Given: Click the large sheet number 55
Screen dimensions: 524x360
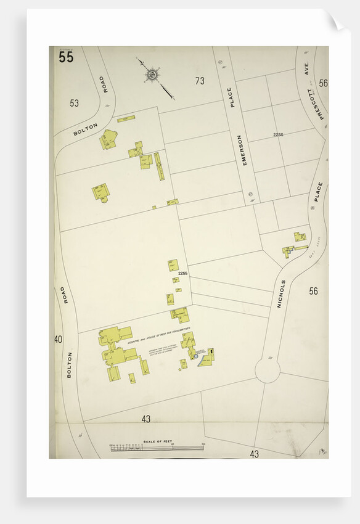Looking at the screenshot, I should pos(66,57).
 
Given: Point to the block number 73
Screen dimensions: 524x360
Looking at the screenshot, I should pos(199,81).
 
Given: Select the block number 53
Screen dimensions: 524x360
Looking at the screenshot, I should pos(75,103).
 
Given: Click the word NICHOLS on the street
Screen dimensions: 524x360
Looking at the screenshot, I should pos(282,293).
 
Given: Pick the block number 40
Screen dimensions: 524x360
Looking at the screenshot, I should pos(58,339).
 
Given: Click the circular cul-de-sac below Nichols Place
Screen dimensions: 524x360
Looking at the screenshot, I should pos(268,370).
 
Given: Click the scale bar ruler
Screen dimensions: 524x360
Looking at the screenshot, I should pos(157,448).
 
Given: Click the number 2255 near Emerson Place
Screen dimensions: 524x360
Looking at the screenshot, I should pos(278,135).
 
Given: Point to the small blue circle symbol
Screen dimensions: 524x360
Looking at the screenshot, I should pos(195,356).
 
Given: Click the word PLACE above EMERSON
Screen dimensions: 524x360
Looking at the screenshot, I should pos(232,97).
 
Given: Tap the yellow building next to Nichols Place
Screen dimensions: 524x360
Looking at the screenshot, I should pos(300,236).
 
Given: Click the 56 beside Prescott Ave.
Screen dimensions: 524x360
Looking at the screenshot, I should pos(324,83).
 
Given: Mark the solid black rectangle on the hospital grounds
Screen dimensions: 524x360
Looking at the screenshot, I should pos(211,352).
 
